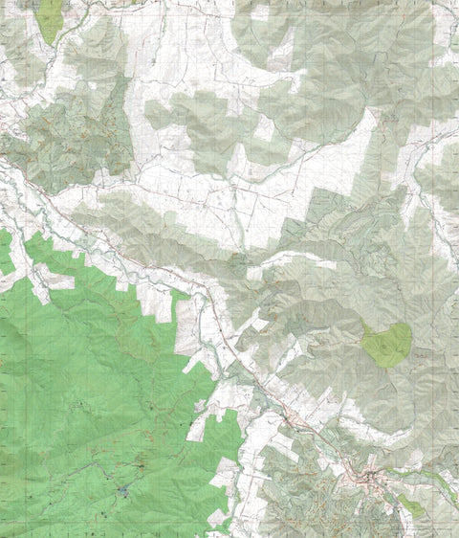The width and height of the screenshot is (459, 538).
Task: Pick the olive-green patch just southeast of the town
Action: (x=410, y=504)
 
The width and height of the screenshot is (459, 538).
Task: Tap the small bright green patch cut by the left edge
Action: (x=5, y=253)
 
